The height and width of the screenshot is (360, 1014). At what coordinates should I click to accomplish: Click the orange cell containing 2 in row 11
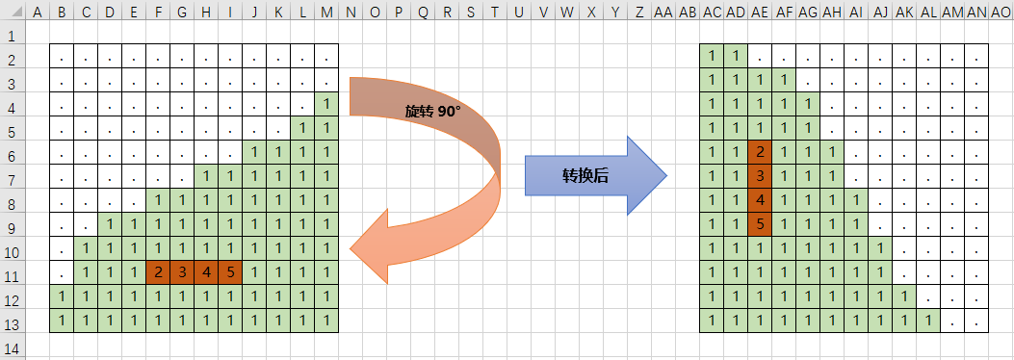158,272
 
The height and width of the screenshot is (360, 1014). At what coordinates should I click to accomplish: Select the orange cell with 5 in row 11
230,272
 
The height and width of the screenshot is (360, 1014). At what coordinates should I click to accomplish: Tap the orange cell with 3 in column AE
760,176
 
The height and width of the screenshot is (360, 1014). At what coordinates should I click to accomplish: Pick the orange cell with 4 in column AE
760,200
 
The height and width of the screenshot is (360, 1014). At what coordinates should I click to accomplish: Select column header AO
1001,12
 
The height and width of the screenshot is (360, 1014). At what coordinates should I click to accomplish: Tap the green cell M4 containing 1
327,104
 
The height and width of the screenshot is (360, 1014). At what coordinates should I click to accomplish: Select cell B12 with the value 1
62,296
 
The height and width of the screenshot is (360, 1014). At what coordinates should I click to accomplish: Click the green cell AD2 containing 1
736,56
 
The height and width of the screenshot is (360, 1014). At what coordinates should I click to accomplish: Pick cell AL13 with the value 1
928,320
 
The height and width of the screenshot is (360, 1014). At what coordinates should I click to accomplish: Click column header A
38,12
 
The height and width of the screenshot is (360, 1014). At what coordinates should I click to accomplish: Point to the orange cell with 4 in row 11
206,272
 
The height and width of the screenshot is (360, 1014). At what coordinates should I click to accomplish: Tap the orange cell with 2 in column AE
760,152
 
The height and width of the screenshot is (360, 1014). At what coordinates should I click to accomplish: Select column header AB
688,12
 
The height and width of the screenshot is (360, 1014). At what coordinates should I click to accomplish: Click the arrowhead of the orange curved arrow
371,251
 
